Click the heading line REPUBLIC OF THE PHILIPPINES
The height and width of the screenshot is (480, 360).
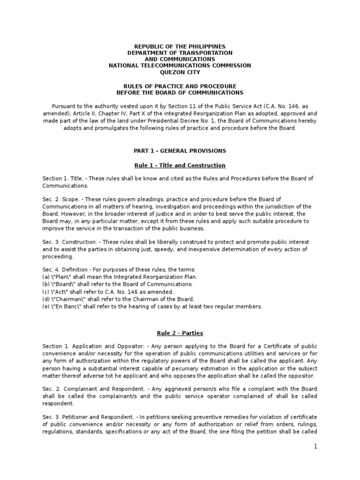coord(180,47)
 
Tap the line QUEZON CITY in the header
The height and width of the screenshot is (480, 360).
coord(180,72)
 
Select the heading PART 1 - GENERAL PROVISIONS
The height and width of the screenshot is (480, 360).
coord(180,151)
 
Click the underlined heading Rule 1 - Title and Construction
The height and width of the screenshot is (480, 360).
coord(180,165)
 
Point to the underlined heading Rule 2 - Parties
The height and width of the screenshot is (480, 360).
coord(180,333)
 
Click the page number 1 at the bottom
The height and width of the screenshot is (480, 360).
coord(316,447)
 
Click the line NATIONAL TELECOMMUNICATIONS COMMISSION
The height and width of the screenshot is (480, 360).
coord(180,66)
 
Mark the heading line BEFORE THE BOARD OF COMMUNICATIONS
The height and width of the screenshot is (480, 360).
coord(180,93)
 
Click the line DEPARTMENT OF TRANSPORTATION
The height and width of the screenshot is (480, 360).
coord(180,53)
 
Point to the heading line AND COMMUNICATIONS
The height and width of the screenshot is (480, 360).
coord(180,60)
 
